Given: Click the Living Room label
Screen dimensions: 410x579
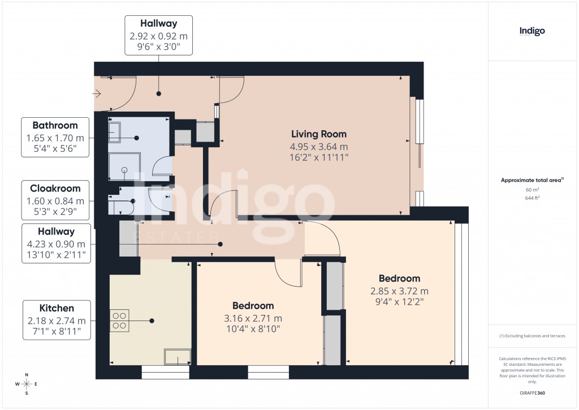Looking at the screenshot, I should point(319,134).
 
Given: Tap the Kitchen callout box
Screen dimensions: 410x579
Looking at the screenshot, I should point(57,320).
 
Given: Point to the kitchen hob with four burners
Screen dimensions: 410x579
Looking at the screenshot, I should point(119,320).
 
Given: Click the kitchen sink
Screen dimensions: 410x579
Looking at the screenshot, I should point(177,357).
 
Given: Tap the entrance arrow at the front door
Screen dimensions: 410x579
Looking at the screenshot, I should point(98,94).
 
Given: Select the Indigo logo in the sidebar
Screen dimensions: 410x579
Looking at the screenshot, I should point(532,31).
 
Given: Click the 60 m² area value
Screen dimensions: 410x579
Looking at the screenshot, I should point(532,190).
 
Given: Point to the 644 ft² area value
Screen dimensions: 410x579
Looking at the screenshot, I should point(532,198).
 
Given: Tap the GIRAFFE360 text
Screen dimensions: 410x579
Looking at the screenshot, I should point(532,392).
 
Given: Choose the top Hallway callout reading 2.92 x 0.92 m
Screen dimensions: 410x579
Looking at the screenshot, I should point(158,35).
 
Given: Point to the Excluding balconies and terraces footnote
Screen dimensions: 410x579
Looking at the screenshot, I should point(532,336).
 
